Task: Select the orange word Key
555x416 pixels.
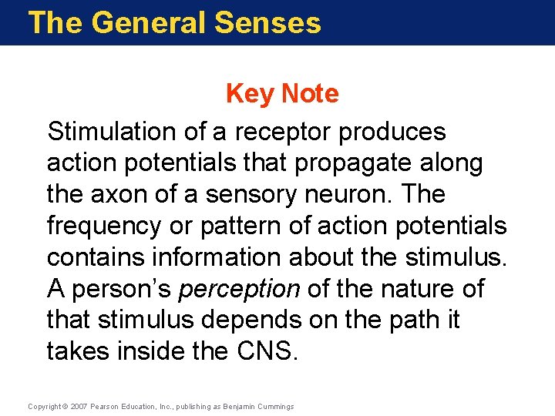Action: (250, 93)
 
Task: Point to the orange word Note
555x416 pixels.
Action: (309, 93)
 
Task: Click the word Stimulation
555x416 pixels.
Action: (112, 132)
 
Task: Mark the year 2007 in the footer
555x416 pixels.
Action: (78, 406)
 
